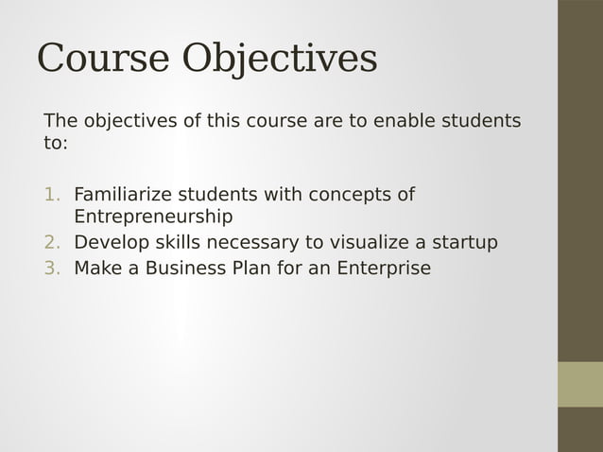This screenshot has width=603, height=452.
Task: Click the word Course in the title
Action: pyautogui.click(x=104, y=59)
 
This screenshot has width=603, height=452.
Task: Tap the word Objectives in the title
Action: pyautogui.click(x=280, y=59)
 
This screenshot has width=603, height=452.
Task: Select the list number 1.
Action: pyautogui.click(x=51, y=195)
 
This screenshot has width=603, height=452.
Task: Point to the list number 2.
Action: pyautogui.click(x=51, y=243)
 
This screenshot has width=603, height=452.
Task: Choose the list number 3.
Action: pyautogui.click(x=51, y=268)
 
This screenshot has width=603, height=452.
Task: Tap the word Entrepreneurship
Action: pyautogui.click(x=153, y=217)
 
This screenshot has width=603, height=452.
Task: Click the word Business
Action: pyautogui.click(x=173, y=268)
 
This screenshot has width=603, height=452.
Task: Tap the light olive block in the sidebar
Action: pyautogui.click(x=579, y=384)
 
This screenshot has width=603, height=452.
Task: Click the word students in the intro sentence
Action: pyautogui.click(x=484, y=122)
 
